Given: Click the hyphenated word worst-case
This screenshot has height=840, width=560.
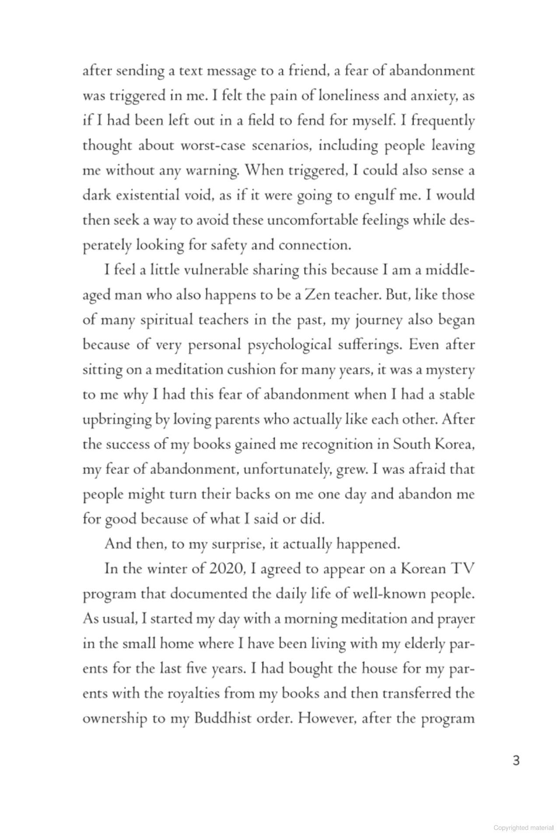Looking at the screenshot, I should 214,145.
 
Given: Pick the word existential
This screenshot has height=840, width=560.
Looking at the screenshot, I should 147,195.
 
